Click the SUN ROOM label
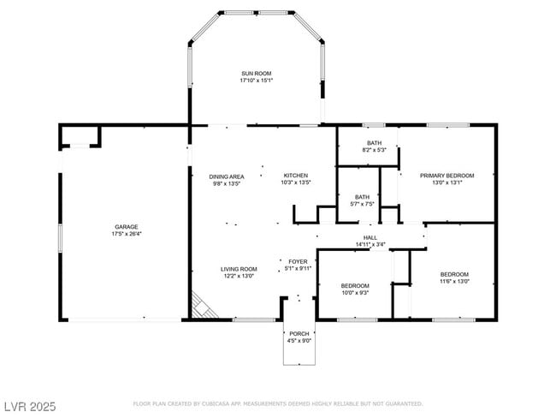click(x=256, y=75)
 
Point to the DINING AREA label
click(x=228, y=176)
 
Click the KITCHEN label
click(x=296, y=176)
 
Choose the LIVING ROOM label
click(x=240, y=268)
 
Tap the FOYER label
click(x=298, y=262)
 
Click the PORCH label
click(x=299, y=333)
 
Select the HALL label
click(x=370, y=237)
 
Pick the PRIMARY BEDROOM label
click(x=447, y=176)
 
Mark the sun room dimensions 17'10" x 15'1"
click(x=256, y=81)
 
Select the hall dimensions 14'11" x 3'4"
click(x=370, y=244)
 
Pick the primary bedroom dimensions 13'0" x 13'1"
click(x=447, y=182)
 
